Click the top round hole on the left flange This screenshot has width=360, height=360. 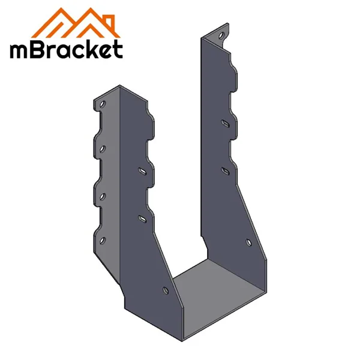tap(103, 104)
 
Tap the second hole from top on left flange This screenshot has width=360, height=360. tap(103, 149)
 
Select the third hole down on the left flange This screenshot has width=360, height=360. tap(103, 197)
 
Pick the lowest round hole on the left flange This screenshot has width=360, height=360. tap(103, 241)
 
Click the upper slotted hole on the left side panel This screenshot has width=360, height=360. tap(142, 171)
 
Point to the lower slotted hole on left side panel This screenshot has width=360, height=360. tap(142, 219)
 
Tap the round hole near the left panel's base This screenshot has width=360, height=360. tap(166, 290)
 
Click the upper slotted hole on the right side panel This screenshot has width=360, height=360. tap(225, 123)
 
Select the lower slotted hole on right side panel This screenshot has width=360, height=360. tap(225, 171)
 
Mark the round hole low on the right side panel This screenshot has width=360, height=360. tap(248, 242)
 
